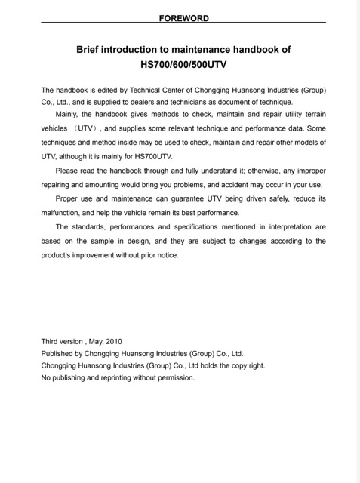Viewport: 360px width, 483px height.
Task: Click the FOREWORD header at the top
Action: click(183, 17)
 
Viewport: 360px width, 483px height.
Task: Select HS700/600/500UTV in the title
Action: click(183, 65)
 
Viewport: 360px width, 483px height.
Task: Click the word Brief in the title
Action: click(91, 50)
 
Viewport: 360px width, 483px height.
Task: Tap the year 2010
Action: click(112, 341)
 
